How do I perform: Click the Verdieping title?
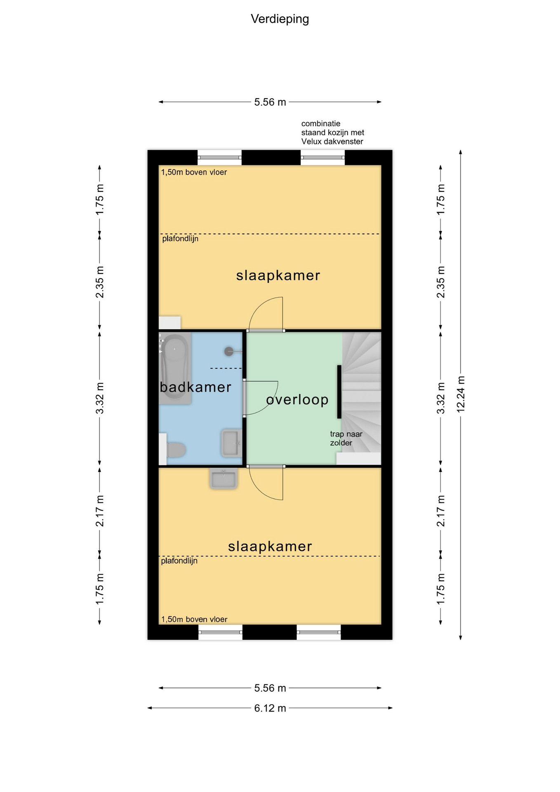280,19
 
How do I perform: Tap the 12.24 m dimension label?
461,394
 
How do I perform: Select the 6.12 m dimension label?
270,708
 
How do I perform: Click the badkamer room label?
195,387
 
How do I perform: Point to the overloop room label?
297,399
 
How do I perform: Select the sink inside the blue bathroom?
231,443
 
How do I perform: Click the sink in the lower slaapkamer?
223,478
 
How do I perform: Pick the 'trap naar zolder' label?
346,438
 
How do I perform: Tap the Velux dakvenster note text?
332,132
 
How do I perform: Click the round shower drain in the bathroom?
229,351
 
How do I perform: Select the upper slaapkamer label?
278,276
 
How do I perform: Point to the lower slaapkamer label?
270,547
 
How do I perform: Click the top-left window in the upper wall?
219,158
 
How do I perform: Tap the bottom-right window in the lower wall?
319,632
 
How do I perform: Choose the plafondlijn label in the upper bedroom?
180,239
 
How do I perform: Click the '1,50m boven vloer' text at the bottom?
194,619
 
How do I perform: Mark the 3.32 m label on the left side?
99,398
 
